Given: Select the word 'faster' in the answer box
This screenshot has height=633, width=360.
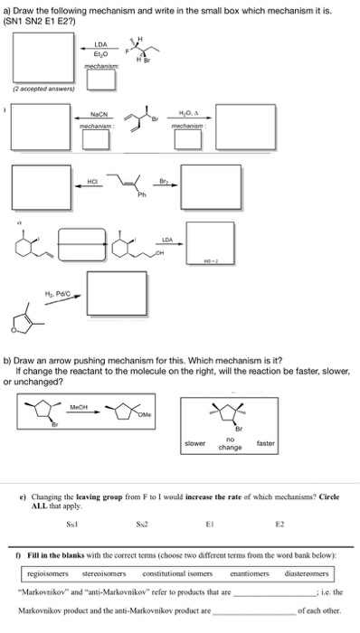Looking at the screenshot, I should pyautogui.click(x=265, y=443).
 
